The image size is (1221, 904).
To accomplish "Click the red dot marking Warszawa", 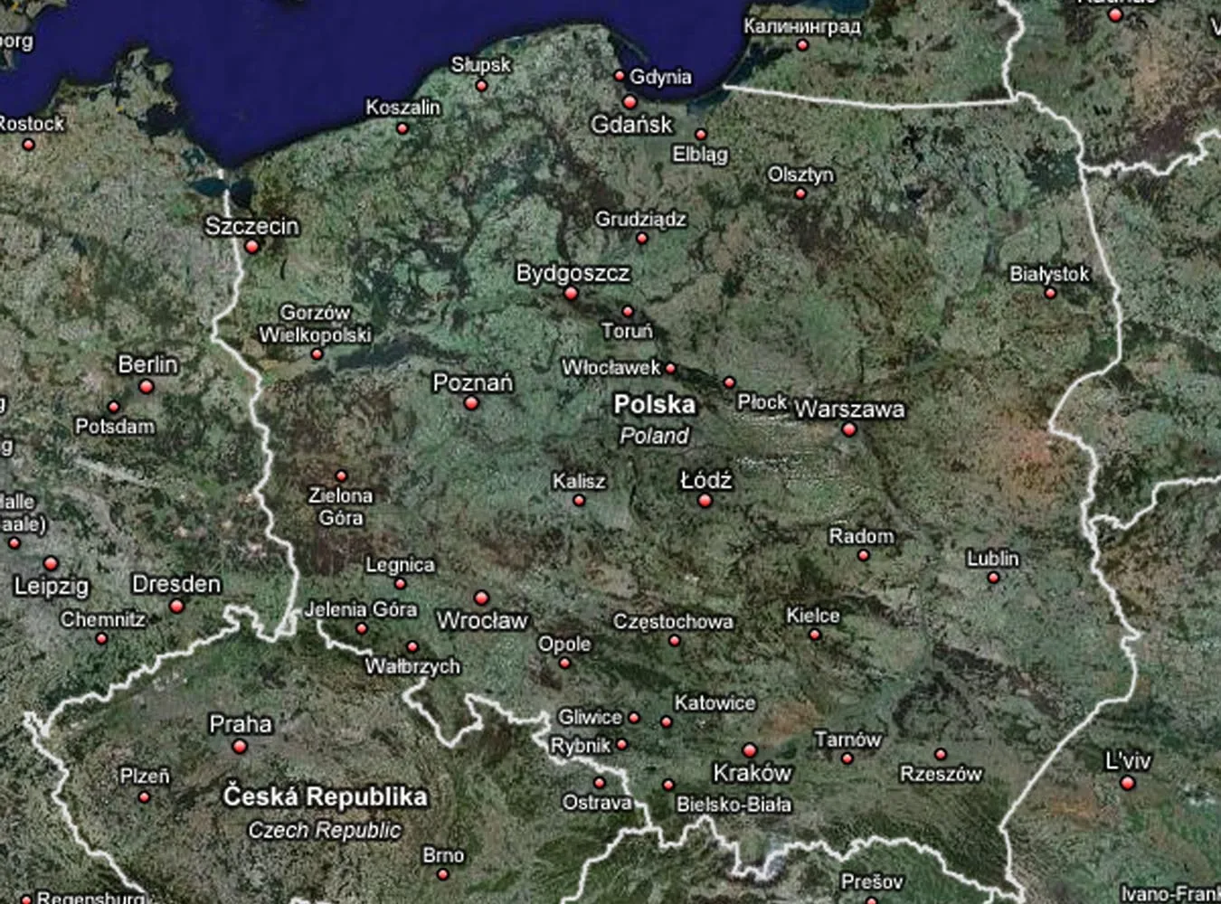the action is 848,429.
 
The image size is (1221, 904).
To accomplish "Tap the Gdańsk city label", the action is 632,125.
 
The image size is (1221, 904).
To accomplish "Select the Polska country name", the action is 654,404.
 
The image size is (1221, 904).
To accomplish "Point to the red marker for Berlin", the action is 146,387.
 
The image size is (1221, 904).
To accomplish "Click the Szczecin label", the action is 251,226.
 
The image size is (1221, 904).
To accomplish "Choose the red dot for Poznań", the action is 470,403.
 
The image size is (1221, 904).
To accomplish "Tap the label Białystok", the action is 1049,274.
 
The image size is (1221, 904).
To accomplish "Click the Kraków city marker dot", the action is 749,750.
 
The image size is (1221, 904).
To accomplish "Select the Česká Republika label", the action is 325,796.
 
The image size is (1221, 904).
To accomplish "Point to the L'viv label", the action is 1128,761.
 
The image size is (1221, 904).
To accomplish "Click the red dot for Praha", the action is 239,747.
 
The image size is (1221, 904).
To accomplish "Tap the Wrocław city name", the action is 482,621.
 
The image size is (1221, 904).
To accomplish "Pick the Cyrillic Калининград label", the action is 802,26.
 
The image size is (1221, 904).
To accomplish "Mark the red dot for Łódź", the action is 705,501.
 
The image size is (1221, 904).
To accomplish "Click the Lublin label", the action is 993,559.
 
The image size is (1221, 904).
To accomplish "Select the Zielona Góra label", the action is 340,506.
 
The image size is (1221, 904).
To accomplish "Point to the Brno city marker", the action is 442,874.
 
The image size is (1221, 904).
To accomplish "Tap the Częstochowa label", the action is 673,622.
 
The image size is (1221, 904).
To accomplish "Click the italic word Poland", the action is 654,436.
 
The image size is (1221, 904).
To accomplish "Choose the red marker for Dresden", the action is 177,606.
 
